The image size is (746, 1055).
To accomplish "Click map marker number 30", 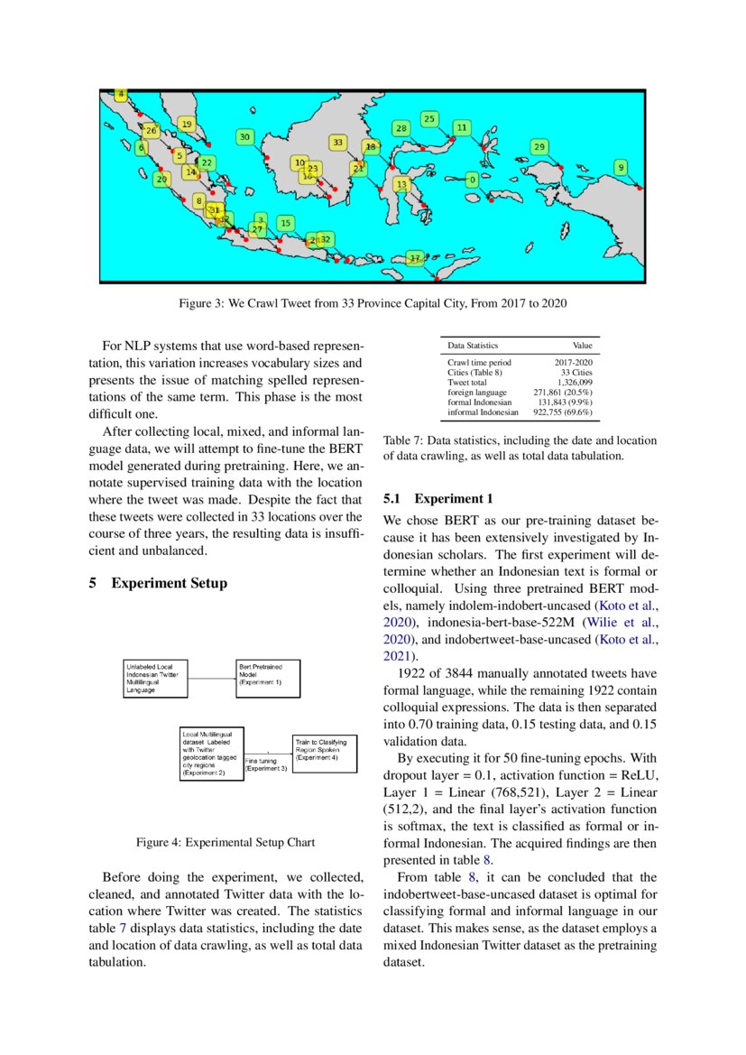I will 244,137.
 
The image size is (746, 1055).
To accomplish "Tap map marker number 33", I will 337,143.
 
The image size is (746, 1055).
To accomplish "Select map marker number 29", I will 539,146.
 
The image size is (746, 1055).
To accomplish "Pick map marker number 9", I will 621,167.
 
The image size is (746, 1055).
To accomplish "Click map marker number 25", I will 429,119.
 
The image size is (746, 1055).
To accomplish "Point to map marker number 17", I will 414,258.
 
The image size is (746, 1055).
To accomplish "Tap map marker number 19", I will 187,125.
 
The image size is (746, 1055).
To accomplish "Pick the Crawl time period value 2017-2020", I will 573,363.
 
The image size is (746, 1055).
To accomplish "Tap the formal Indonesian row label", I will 479,403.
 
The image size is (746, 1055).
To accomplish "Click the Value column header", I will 582,346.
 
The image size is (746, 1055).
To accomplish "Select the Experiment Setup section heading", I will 169,583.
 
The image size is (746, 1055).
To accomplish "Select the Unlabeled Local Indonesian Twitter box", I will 155,678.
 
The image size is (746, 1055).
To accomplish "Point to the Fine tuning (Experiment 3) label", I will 267,764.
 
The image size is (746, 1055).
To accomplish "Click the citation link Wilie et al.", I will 622,622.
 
